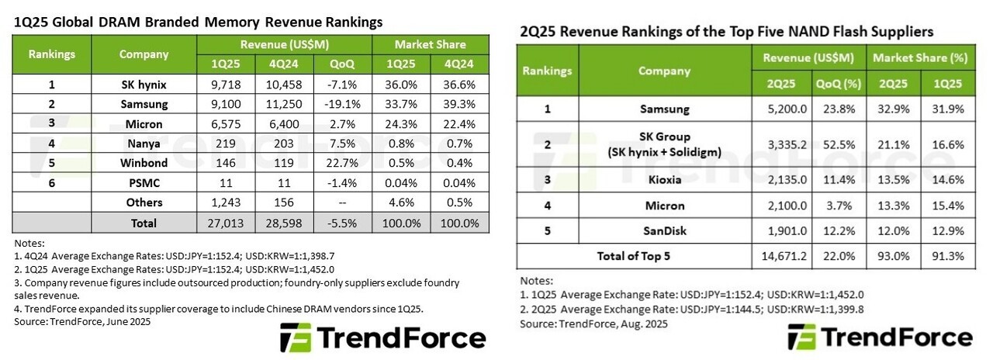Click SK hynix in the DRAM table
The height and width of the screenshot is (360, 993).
[x=144, y=84]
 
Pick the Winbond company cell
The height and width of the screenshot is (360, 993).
[x=144, y=163]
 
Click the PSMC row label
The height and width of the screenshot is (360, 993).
[x=144, y=183]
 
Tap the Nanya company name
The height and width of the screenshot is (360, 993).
[x=144, y=144]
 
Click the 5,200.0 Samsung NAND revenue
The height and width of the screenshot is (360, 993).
[x=781, y=109]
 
